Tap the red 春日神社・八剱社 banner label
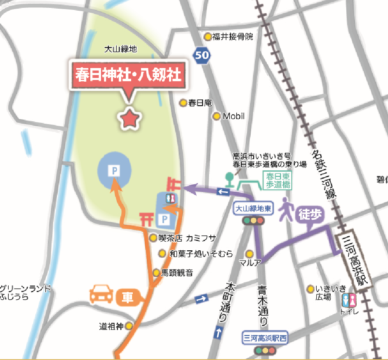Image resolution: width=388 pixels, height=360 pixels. click(x=128, y=76)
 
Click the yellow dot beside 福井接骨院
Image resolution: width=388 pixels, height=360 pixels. click(x=208, y=37)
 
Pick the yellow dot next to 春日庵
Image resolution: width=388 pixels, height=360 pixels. click(x=183, y=103)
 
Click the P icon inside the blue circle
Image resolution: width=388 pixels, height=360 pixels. click(x=114, y=170)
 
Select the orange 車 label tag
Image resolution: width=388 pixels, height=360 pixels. click(x=128, y=297)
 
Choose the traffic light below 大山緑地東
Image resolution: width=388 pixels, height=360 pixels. click(x=253, y=221)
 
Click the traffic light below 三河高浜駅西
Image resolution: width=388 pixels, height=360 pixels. click(x=265, y=351)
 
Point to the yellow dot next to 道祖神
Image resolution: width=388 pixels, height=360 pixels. click(x=129, y=327)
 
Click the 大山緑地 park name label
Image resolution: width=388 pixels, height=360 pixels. click(x=120, y=49)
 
